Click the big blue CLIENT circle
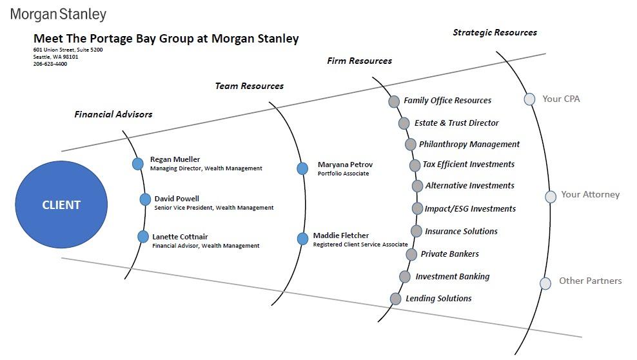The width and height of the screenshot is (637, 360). (61, 205)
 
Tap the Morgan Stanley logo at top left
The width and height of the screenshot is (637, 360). (58, 14)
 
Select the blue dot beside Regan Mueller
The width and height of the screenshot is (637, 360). (137, 164)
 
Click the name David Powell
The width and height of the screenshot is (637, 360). (177, 199)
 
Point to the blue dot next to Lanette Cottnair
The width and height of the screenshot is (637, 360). (143, 237)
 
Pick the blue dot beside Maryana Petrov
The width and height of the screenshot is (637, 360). (302, 168)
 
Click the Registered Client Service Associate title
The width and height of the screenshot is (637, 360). (360, 245)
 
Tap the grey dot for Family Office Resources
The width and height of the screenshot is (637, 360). (394, 101)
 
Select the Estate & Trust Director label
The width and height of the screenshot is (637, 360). (456, 123)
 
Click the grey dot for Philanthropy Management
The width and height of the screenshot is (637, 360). (411, 145)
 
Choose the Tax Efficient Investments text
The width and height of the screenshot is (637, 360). (468, 165)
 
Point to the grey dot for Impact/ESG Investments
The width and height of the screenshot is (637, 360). (417, 208)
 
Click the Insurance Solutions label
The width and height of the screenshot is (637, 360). (461, 231)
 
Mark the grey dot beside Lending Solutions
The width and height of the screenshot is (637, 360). (396, 299)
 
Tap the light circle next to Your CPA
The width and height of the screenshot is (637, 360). (529, 99)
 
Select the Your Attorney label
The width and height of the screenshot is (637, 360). (590, 194)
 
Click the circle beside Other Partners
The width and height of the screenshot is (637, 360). (545, 283)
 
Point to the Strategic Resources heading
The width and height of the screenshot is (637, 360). (495, 32)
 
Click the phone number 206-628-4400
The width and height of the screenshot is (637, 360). (50, 64)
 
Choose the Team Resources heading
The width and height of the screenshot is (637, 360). (249, 86)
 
